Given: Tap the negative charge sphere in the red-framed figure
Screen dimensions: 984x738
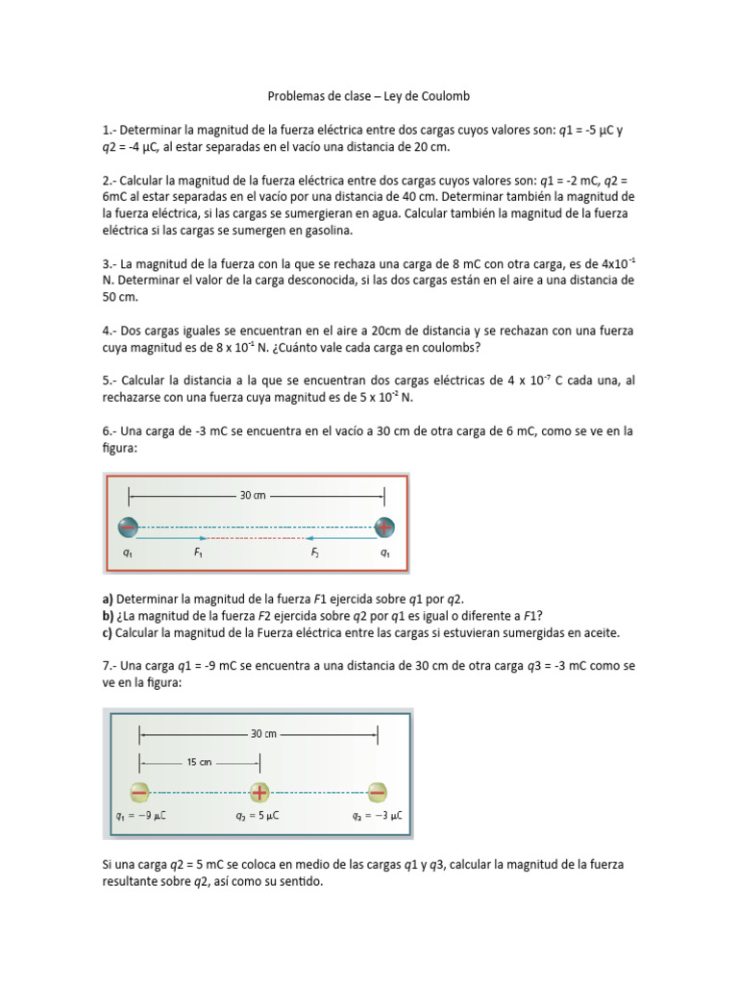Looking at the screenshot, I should point(128,527).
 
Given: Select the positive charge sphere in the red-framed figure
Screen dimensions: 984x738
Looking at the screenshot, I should point(384,527).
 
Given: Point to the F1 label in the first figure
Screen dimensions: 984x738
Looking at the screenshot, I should point(198,553).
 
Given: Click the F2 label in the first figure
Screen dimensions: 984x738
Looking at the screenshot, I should point(314,553).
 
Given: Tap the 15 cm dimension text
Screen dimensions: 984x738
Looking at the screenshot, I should point(200,761).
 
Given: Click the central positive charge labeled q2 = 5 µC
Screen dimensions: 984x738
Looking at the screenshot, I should point(259,792).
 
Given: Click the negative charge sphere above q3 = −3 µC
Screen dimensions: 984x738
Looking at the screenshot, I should point(377,792).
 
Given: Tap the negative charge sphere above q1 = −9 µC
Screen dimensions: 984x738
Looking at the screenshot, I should point(140,792).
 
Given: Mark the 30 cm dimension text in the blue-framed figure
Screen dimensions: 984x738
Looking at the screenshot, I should point(262,734).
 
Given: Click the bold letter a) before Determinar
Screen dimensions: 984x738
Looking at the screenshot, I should point(107,599).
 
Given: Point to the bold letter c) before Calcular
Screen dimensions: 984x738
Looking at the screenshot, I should point(107,633).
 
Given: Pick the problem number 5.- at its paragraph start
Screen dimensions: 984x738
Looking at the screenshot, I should point(109,381).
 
